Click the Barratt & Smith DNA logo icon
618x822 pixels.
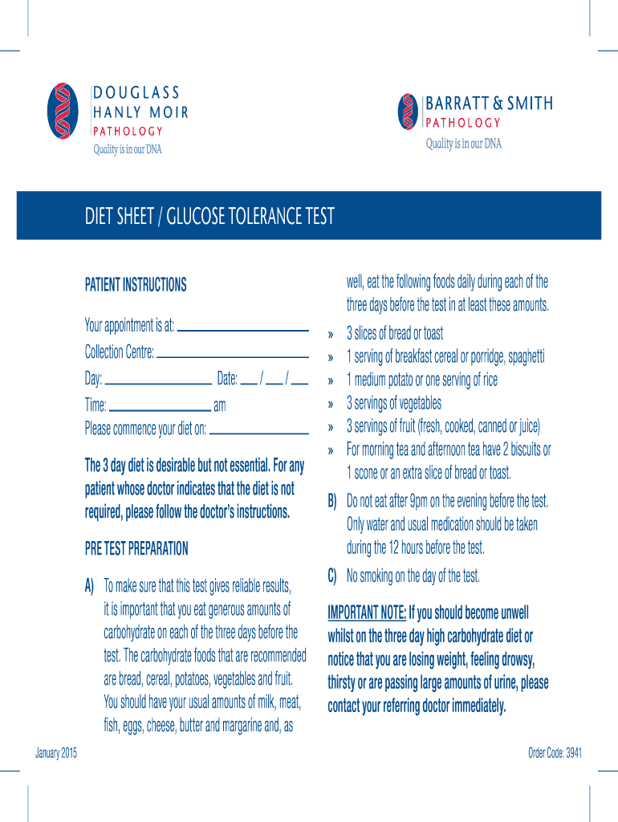click(409, 111)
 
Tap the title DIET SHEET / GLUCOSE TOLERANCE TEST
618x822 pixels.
click(209, 216)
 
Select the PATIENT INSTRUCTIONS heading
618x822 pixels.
click(136, 285)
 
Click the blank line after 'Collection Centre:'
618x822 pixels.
click(233, 354)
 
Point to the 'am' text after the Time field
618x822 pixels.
click(220, 405)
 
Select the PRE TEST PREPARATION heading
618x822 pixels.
click(136, 549)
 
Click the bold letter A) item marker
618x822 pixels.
click(90, 585)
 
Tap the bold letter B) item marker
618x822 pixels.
click(332, 502)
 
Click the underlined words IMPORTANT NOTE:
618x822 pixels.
click(367, 614)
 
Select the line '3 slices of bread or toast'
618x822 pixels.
click(395, 333)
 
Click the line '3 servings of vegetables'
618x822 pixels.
click(393, 403)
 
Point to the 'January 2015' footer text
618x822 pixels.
click(56, 752)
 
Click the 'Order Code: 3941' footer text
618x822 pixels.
click(555, 752)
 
